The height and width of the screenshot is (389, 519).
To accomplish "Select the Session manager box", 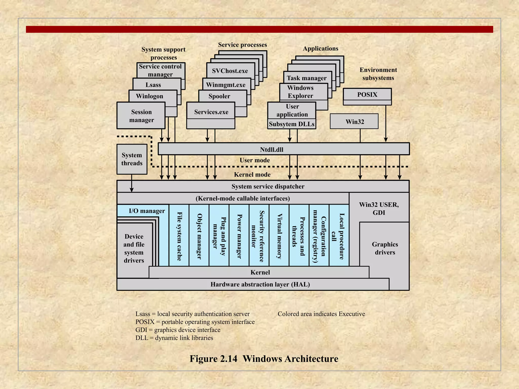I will point(141,116).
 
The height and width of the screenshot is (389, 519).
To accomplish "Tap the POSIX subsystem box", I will point(367,95).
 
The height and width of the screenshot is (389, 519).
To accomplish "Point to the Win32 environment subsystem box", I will point(354,122).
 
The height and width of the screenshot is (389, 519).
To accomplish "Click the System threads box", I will point(132,159).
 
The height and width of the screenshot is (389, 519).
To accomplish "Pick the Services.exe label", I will point(211,112).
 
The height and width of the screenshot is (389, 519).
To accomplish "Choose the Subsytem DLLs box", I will point(291,124).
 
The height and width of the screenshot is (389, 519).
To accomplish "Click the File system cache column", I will point(179,236).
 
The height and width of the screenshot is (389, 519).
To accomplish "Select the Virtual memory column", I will point(279,236).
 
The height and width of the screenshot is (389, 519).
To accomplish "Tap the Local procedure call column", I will point(339,236).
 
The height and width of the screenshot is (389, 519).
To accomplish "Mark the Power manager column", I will point(239,236).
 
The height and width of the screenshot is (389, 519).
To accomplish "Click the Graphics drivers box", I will point(385,248).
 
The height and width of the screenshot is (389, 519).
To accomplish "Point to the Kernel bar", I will point(260,272).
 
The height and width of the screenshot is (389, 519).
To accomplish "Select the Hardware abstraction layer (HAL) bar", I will point(260,284).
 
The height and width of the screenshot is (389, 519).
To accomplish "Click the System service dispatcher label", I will point(268,186).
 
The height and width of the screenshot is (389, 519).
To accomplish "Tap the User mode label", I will point(255,160).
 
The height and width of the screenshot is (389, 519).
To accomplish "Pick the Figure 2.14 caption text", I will point(264,359).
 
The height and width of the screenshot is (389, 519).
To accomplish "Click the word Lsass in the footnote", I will point(143,314).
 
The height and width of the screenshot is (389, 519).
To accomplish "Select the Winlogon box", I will point(150,96).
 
